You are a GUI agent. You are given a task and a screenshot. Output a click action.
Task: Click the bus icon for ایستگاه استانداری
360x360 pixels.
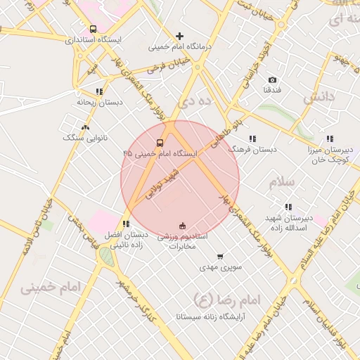pos(94,30)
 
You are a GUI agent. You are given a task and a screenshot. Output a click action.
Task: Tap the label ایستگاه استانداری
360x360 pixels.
pos(94,40)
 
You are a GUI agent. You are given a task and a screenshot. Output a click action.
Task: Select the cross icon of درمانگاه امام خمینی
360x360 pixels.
pos(180,36)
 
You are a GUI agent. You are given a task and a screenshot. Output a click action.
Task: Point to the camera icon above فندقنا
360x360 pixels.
pos(272,80)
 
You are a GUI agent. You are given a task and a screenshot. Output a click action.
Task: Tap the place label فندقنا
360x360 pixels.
pos(272,91)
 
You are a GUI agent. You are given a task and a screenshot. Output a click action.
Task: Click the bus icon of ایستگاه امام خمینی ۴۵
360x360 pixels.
pos(160,142)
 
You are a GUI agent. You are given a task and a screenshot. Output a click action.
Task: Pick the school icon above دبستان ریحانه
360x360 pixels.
pos(98,91)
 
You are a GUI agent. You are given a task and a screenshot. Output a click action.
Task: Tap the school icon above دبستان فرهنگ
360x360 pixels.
pos(252,139)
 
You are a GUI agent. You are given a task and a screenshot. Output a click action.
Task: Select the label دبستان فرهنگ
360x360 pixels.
pos(255,150)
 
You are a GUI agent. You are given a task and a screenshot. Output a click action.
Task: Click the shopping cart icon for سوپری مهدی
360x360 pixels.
pos(220,257)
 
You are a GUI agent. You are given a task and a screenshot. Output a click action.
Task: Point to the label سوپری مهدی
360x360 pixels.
pos(220,268)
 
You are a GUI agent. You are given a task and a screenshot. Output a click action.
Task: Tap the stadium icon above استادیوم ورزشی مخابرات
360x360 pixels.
pos(183,226)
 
